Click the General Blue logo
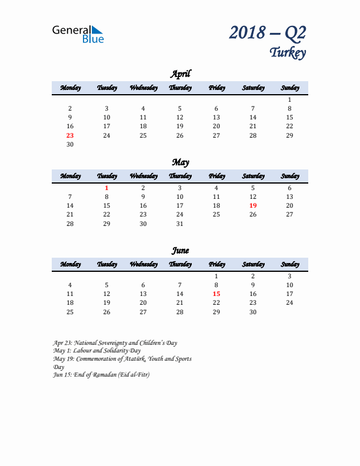point(78,34)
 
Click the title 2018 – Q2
point(268,32)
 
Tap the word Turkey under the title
point(288,52)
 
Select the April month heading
point(180,74)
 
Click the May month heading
point(180,162)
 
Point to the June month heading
point(180,250)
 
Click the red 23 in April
point(70,135)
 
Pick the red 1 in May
point(106,188)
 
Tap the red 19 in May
point(253,205)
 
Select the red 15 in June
point(216,294)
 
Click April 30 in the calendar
point(70,144)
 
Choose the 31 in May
point(180,224)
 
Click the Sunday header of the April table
point(289,88)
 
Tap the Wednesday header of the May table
point(143,176)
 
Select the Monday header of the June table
point(70,264)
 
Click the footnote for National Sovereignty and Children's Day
point(115,342)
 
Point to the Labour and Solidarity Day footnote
point(96,351)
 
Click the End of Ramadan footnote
point(101,375)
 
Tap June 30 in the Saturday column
point(253,312)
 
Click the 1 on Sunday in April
point(289,99)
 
